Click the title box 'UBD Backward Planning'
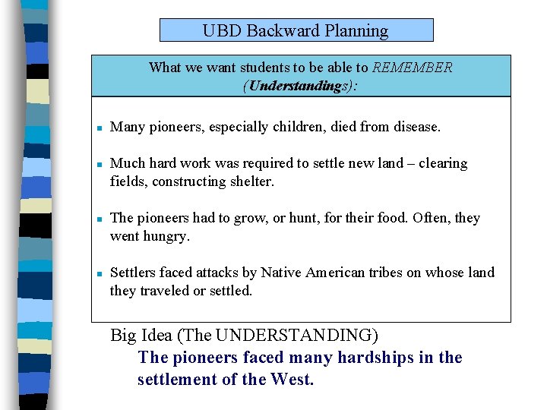296,30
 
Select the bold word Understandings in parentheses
294,86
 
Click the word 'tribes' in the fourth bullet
394,273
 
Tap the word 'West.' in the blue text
292,380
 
